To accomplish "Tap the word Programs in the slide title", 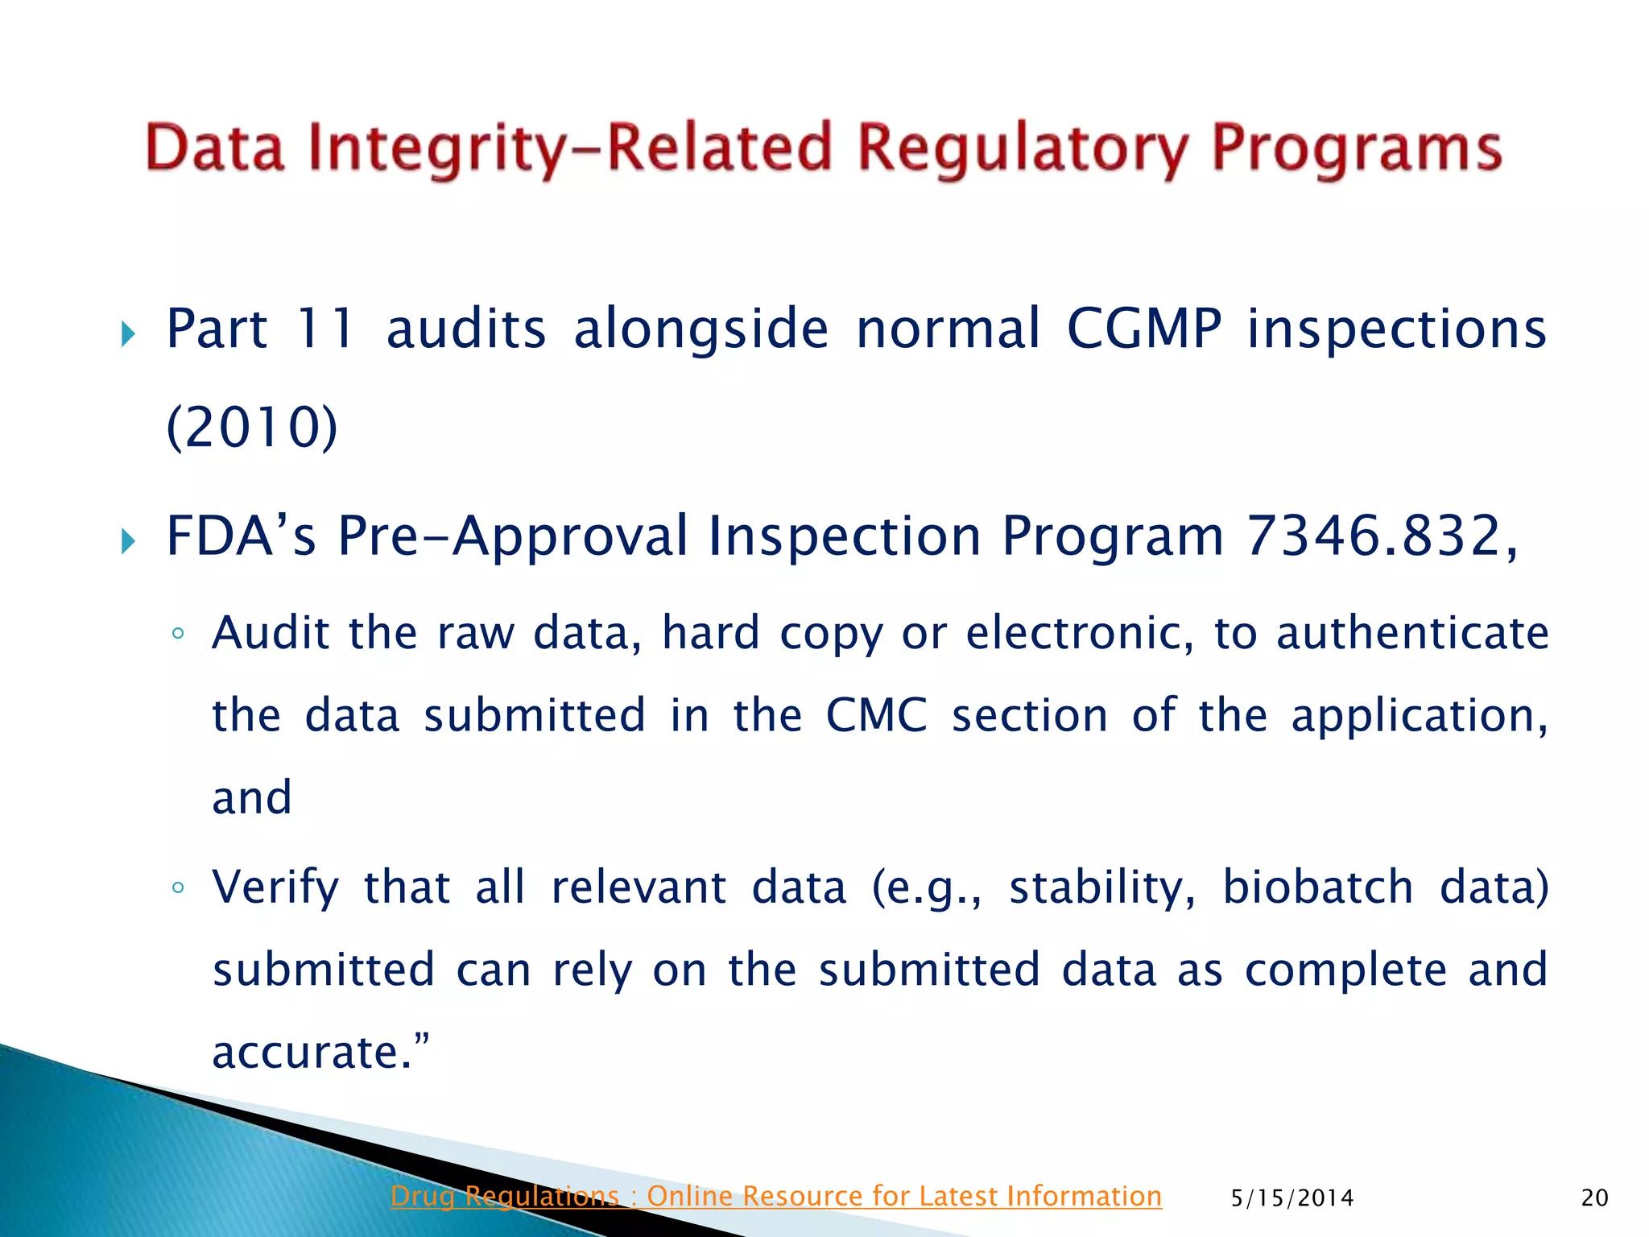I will pos(1357,150).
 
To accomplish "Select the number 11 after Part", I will pos(325,329).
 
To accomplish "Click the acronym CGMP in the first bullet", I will pos(1144,329).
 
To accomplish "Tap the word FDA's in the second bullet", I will pos(241,536).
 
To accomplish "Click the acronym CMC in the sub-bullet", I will pos(877,715).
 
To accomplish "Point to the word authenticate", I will pos(1412,633).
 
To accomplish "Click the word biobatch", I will pos(1318,887).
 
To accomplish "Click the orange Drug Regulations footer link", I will pos(775,1197).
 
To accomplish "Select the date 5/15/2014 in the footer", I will pos(1292,1198).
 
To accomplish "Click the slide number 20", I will pos(1594,1198).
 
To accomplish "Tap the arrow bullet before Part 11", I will pos(128,333).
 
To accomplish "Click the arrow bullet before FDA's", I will pos(128,540).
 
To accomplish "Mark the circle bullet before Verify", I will pos(178,888).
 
